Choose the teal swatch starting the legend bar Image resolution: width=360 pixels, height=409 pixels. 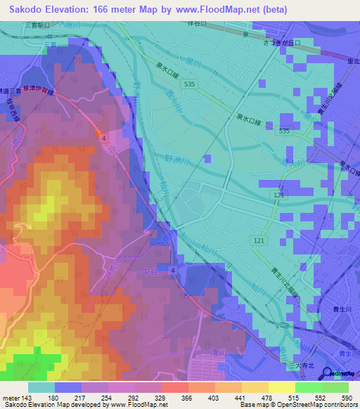[x=41, y=387]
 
